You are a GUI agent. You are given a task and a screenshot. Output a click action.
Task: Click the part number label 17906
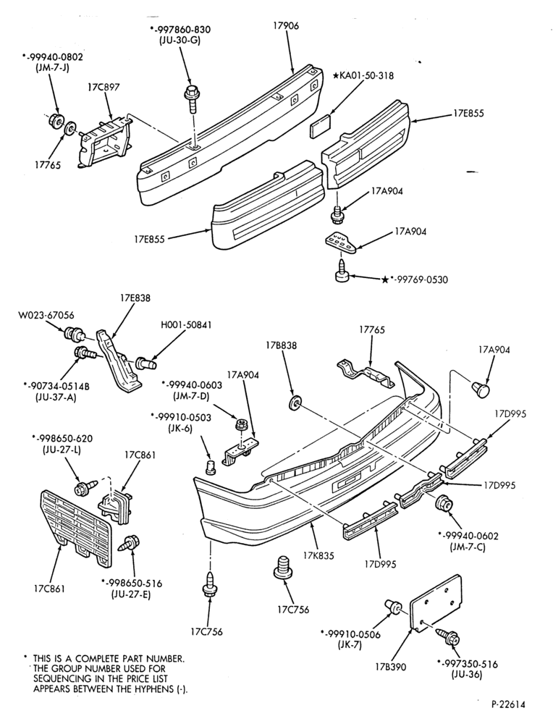286,26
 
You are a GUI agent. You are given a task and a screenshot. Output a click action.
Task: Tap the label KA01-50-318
366,75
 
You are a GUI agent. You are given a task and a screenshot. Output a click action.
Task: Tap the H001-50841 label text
187,325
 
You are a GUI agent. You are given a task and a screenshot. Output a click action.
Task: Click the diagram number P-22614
509,704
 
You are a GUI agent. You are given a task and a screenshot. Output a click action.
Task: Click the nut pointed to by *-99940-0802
56,119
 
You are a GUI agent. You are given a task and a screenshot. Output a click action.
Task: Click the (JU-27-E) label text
131,594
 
